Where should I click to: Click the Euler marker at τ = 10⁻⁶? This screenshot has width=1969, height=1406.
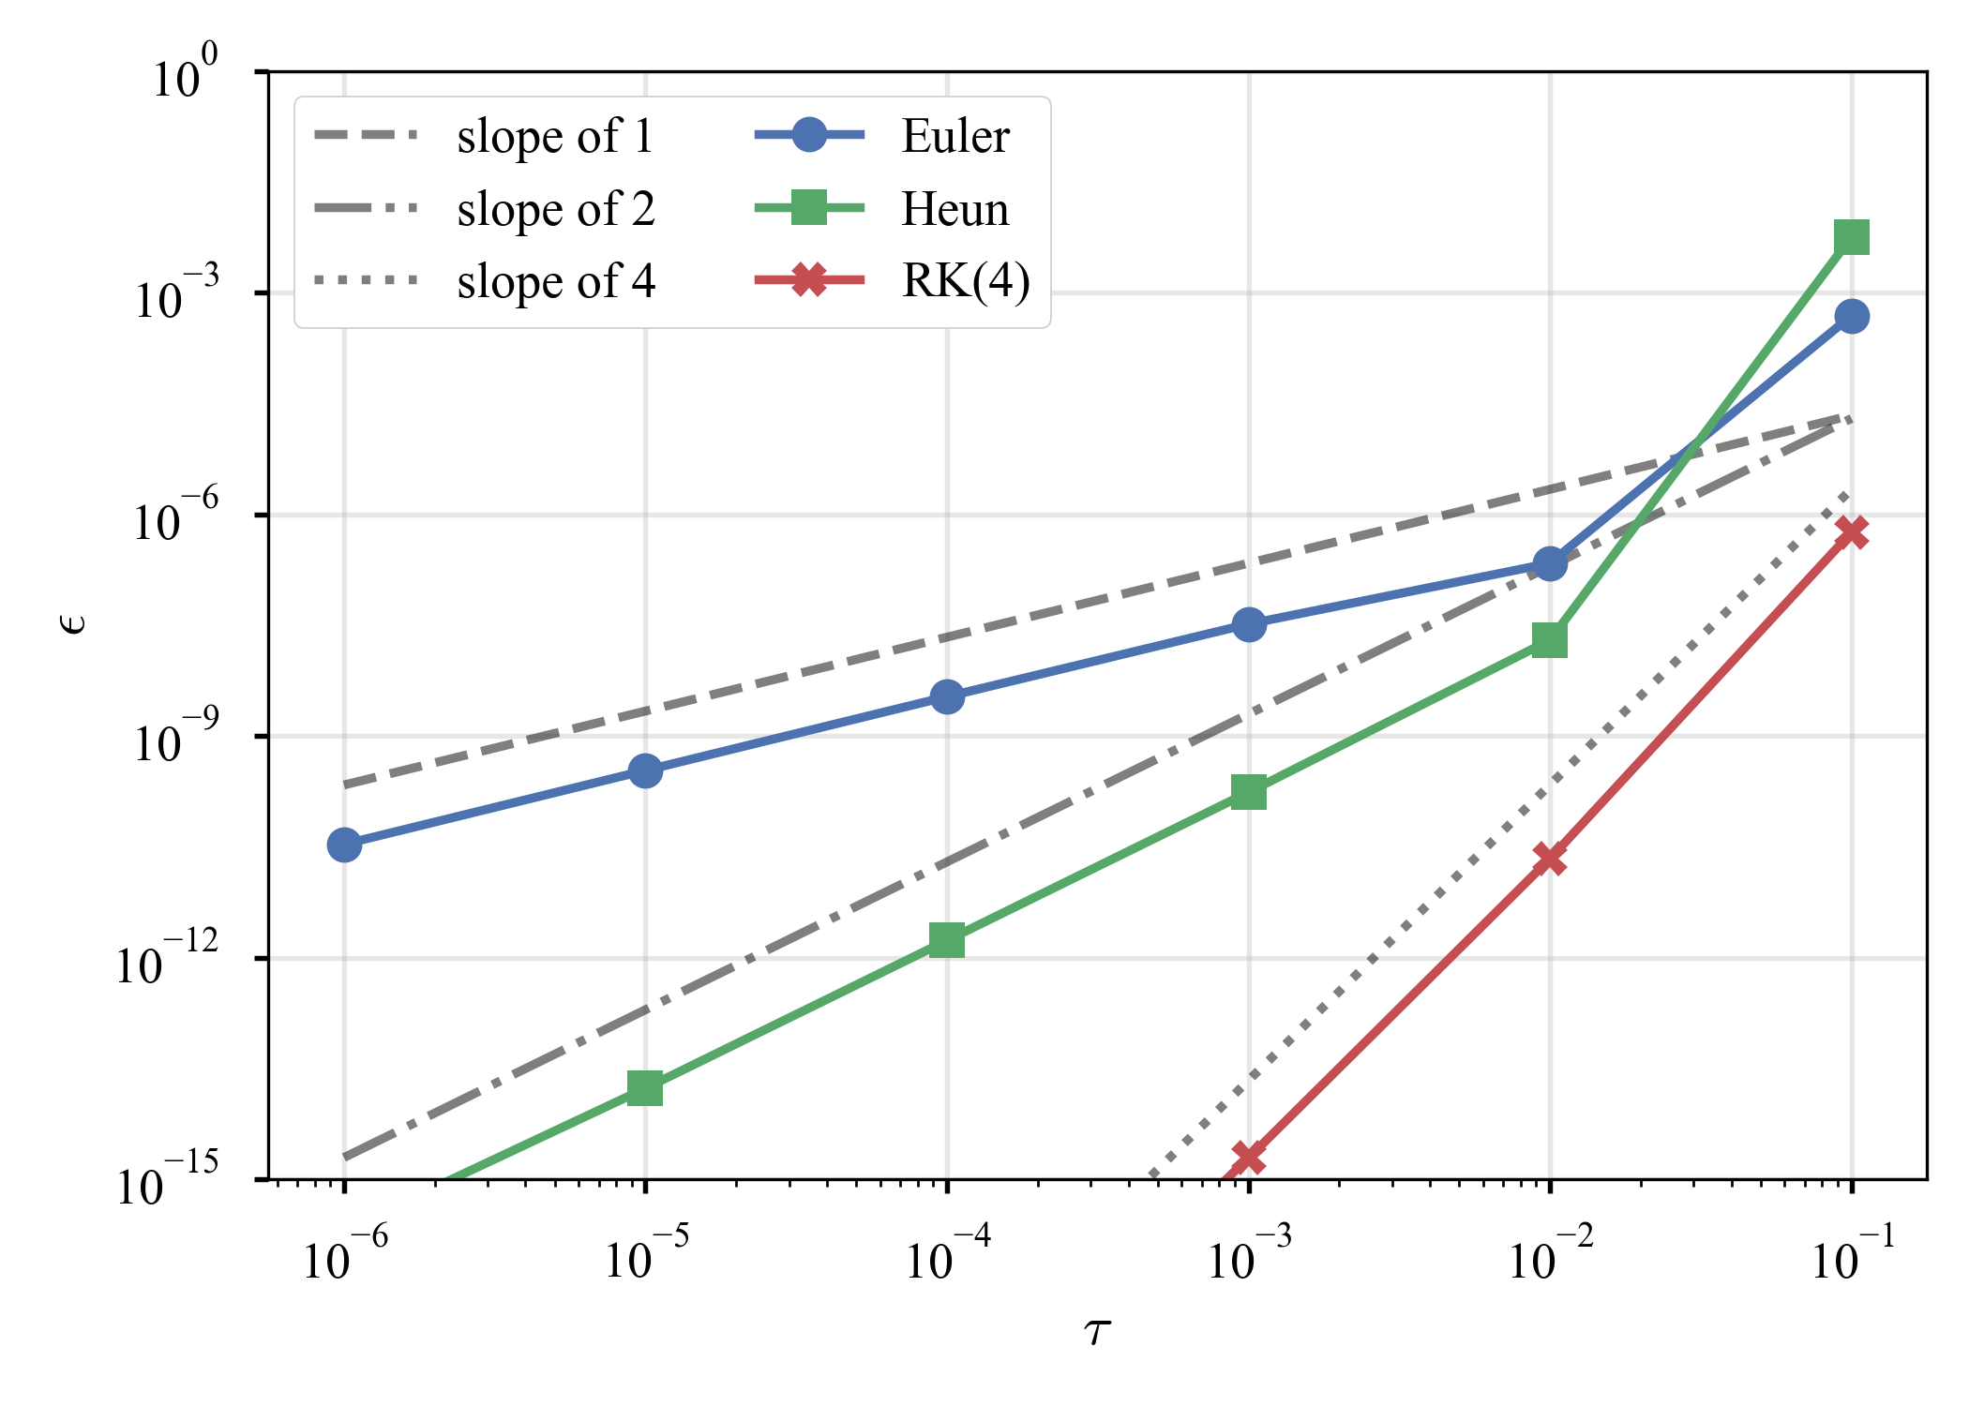(x=344, y=845)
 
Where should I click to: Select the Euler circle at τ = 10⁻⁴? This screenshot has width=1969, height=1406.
(x=947, y=696)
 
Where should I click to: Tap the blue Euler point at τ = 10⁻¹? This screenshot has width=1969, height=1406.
(x=1852, y=317)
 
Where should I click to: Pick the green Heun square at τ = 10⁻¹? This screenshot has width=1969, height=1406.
(x=1852, y=237)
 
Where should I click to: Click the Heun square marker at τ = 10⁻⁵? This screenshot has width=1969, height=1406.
(x=645, y=1089)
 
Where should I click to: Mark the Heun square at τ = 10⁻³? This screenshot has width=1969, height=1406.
(x=1249, y=792)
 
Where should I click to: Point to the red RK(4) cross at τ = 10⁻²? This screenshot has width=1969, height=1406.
(x=1550, y=859)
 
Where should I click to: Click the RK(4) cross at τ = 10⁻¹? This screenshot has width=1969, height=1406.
(x=1852, y=532)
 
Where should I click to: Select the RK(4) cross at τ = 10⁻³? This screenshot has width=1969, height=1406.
(x=1249, y=1158)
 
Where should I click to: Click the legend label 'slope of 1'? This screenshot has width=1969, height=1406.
(x=555, y=137)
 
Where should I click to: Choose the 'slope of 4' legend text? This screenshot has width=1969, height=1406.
(x=556, y=281)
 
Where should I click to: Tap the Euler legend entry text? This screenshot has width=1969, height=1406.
(x=955, y=137)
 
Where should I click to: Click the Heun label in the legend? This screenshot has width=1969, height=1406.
(x=955, y=209)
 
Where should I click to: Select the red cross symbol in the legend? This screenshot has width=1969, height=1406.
(x=809, y=280)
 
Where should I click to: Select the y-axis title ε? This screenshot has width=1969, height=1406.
(x=73, y=623)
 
